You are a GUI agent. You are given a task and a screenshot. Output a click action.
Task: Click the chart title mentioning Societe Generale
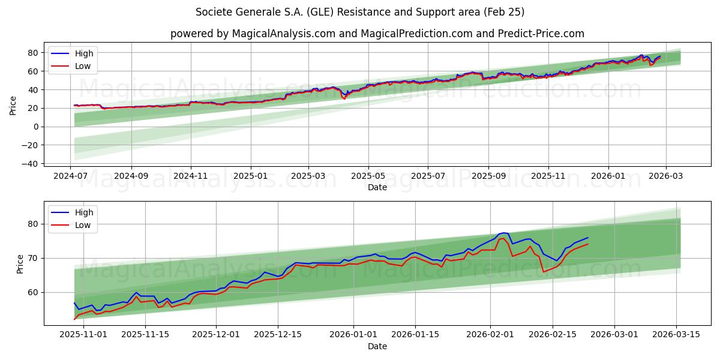tap(360, 12)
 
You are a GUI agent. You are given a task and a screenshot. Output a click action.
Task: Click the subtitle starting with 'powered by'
tap(377, 34)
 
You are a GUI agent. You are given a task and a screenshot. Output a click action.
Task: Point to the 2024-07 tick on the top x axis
tap(71, 176)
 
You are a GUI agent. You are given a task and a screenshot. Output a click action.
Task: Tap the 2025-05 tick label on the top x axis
tap(368, 176)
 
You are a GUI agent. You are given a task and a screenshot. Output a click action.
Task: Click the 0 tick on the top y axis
tap(36, 127)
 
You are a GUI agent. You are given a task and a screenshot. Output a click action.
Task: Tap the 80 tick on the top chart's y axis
tap(34, 53)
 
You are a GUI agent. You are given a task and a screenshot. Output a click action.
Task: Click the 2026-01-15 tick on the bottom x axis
tap(415, 335)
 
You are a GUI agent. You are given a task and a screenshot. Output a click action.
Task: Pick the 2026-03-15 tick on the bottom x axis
tap(676, 335)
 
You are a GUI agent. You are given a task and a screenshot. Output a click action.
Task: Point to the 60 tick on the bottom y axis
tap(34, 292)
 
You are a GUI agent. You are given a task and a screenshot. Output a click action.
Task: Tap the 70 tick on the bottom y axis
tap(34, 258)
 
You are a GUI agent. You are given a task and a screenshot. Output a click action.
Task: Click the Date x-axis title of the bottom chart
tap(377, 346)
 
